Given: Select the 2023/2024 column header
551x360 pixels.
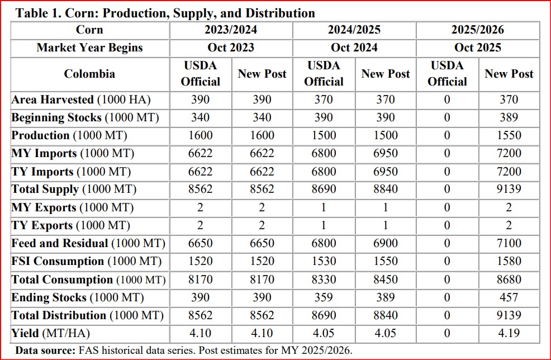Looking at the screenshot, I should click(231, 30).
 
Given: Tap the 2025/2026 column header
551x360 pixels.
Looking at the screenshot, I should click(478, 30).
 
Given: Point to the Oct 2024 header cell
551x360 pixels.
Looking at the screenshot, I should click(354, 48).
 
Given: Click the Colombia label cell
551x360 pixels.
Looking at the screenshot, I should click(89, 74).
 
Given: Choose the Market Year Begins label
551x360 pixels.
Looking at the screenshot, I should click(89, 48).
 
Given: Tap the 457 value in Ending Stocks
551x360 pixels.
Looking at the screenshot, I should click(509, 298).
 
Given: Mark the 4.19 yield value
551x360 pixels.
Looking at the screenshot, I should click(509, 334).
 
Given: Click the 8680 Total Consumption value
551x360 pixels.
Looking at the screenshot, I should click(509, 280).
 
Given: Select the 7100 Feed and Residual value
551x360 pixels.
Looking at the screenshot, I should click(509, 243).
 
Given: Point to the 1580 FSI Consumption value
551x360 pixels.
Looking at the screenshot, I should click(509, 261).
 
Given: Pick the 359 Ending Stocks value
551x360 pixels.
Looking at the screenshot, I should click(324, 298).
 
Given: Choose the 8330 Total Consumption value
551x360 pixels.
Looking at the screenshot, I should click(324, 280).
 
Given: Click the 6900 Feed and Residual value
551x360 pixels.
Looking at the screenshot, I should click(386, 243).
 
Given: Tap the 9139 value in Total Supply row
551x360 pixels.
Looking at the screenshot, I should click(509, 190).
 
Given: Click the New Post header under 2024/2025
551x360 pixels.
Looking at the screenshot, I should click(386, 74).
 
